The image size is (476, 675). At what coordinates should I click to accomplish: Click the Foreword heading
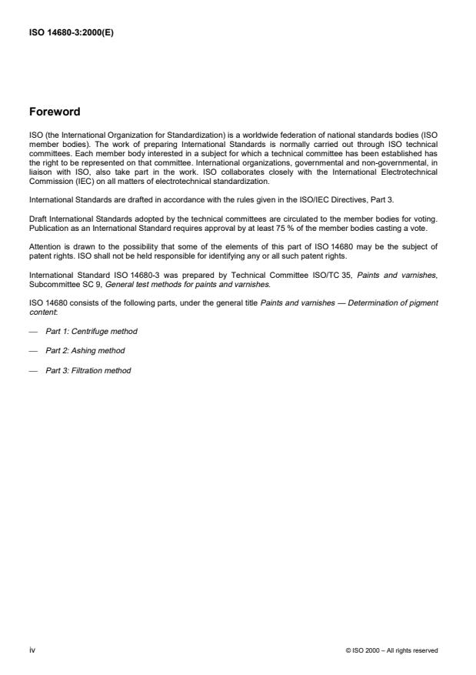tap(54, 112)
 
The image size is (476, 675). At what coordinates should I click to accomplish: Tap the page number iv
tap(32, 650)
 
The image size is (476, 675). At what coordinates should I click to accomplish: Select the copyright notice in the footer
tap(392, 650)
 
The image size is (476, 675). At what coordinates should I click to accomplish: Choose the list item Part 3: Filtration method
tap(88, 371)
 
